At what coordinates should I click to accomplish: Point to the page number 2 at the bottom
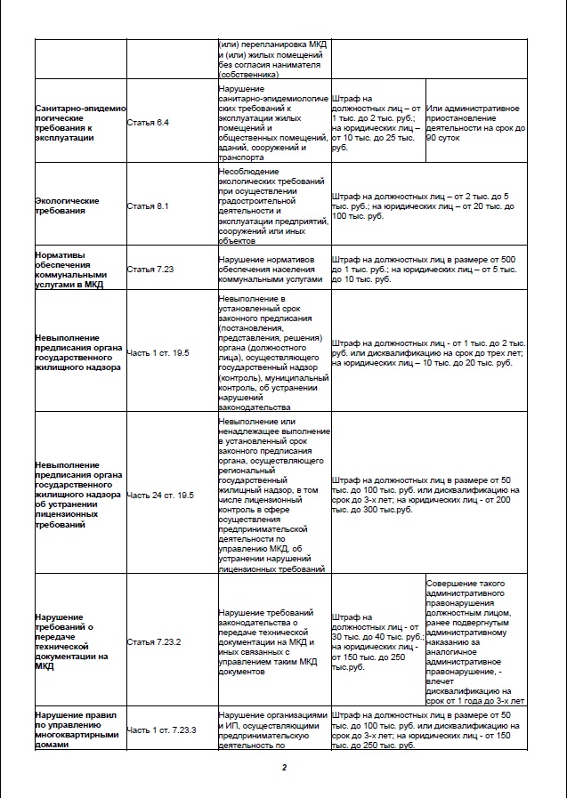tap(283, 768)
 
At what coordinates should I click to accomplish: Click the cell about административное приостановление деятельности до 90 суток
tap(474, 120)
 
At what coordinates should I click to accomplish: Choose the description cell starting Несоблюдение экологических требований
tap(272, 206)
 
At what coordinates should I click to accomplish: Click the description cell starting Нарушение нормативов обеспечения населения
tap(272, 268)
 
